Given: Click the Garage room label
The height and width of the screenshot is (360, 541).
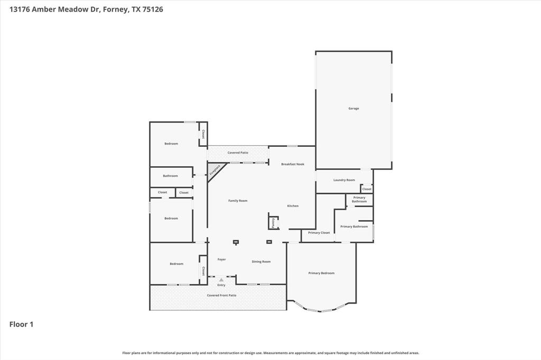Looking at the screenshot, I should coord(353,108).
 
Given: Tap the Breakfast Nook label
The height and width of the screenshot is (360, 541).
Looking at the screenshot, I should coord(293,164).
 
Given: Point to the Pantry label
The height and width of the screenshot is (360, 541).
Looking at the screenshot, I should coord(273,223).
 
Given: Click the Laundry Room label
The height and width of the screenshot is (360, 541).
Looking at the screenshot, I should coord(344,180).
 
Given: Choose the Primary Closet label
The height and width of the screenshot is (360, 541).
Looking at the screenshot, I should coord(319,233).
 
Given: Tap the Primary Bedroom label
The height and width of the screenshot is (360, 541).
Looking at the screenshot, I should coord(321,273).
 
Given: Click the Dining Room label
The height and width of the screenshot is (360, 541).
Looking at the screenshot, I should coord(261,261).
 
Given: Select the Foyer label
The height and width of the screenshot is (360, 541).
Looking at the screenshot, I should coord(221,259).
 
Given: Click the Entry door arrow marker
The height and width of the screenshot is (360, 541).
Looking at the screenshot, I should coord(221,280).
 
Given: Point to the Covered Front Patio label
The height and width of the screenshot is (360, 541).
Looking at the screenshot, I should coord(221,296).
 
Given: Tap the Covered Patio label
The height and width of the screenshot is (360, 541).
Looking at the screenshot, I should coord(238,153).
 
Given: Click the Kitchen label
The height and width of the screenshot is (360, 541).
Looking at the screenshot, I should coord(293,206).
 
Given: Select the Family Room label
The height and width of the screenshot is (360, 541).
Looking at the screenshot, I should coord(238,201).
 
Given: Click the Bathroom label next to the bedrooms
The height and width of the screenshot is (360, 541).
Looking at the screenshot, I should coord(170,176).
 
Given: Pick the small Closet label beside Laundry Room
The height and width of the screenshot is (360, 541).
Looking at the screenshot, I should coord(367,189).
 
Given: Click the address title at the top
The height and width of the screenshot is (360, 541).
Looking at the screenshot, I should coord(86,9).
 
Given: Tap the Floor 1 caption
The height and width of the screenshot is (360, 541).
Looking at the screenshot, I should coord(21,324).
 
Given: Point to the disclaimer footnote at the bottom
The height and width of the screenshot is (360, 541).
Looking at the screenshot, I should coord(270,353).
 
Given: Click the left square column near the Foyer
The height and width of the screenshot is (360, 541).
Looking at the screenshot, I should coord(236,242).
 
